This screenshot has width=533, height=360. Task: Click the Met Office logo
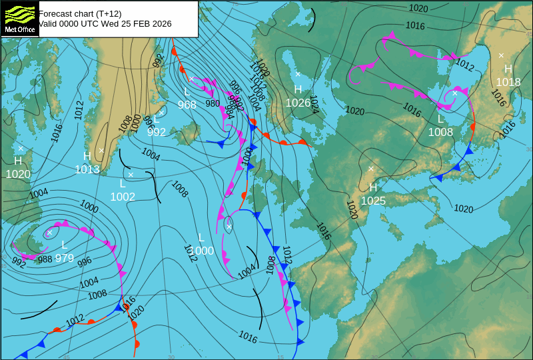click(x=20, y=19)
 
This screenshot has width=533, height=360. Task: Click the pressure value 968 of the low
click(x=187, y=105)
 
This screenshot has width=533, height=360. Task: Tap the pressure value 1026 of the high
click(x=298, y=103)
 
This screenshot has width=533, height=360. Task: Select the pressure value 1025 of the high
click(x=373, y=200)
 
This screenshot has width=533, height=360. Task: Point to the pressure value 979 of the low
click(x=65, y=258)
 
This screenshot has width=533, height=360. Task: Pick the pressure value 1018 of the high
click(x=508, y=82)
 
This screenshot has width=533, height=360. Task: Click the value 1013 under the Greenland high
click(x=87, y=169)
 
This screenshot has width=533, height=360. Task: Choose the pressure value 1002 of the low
click(x=123, y=197)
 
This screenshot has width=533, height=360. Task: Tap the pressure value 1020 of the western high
click(x=18, y=174)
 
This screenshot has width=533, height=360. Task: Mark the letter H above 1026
click(x=298, y=89)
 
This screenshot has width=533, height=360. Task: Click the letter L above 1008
click(x=440, y=119)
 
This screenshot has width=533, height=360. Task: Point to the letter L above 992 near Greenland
click(x=156, y=119)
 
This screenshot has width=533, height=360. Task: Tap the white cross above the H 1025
click(x=371, y=169)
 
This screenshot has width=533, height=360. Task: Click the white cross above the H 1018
click(x=502, y=55)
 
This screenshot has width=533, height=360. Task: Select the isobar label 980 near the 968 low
click(x=213, y=103)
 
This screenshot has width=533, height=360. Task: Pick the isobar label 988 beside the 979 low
click(x=45, y=259)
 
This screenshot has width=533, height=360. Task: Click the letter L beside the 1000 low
click(x=201, y=237)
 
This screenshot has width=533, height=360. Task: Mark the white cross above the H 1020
click(x=21, y=149)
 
